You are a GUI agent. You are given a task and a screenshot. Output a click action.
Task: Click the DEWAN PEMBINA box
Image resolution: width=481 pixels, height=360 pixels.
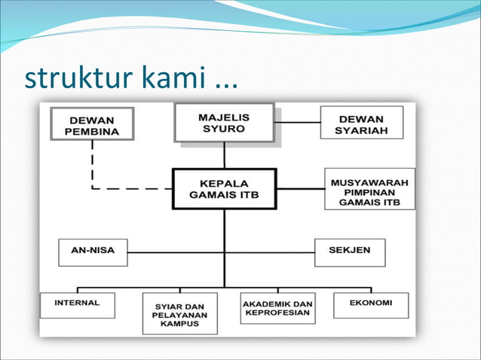click(92, 124)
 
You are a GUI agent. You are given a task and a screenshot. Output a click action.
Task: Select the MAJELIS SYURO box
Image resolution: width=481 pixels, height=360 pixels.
click(224, 123)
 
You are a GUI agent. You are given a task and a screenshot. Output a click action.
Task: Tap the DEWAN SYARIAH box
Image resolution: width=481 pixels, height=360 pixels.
click(361, 123)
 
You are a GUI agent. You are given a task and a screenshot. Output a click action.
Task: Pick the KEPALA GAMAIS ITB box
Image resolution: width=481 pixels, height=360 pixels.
click(224, 188)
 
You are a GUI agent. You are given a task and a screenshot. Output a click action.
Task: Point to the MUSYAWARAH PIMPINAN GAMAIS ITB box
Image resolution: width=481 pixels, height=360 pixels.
click(369, 188)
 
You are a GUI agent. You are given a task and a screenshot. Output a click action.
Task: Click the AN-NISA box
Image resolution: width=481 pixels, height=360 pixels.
click(93, 252)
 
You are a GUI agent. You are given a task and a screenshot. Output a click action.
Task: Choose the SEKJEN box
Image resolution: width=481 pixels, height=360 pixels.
click(349, 252)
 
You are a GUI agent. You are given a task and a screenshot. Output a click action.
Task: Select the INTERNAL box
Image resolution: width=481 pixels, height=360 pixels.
click(79, 305)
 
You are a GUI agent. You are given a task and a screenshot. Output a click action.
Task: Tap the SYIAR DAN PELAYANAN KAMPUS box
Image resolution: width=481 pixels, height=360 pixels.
click(179, 313)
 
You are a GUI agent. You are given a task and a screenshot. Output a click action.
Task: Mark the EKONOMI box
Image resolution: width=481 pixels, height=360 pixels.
click(370, 304)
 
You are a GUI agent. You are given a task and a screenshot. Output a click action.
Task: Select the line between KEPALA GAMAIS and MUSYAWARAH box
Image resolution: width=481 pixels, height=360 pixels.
click(301, 188)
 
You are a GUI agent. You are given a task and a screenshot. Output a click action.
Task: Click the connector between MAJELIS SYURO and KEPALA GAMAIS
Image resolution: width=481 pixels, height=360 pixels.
click(224, 155)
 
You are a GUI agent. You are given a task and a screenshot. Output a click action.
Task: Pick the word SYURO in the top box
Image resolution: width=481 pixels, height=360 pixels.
click(224, 129)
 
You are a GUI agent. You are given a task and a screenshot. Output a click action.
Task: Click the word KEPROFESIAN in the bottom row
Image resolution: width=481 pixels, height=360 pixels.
click(277, 313)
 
